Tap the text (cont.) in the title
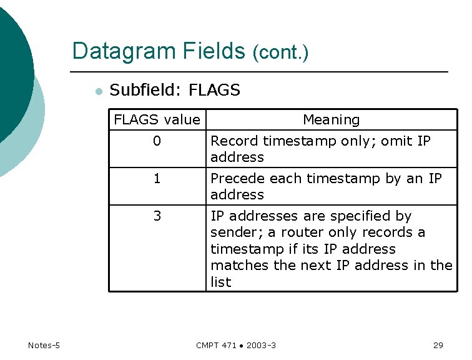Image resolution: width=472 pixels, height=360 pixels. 280,52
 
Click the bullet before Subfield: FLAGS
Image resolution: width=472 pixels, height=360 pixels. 97,91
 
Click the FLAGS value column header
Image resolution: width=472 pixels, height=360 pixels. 157,120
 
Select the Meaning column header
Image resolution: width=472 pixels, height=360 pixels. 331,120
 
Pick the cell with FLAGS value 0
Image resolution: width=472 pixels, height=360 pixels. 157,141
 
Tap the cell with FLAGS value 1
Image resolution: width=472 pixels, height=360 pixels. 157,179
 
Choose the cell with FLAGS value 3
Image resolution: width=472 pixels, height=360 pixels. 157,216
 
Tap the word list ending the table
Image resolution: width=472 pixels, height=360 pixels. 220,282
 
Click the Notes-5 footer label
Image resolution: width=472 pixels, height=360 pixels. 44,346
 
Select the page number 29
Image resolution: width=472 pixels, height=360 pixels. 438,346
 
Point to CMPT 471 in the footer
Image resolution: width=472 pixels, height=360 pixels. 215,346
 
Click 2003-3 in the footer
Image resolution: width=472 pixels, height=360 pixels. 262,346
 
